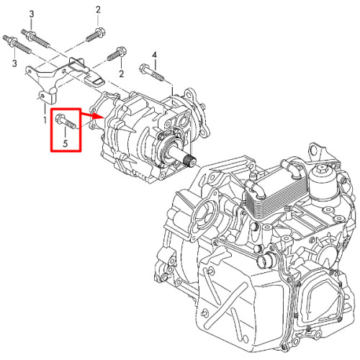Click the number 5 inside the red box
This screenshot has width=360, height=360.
[66, 143]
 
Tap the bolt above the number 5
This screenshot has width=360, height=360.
[66, 121]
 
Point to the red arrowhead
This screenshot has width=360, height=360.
[99, 116]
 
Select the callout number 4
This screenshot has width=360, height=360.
[155, 55]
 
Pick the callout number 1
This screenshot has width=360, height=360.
[45, 120]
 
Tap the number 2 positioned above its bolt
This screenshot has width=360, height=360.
[98, 10]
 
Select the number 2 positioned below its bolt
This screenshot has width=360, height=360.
[122, 73]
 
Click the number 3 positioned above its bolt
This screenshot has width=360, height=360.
[32, 14]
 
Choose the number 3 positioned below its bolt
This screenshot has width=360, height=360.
[14, 63]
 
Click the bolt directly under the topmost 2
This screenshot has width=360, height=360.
[96, 35]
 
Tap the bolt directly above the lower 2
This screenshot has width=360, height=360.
[117, 54]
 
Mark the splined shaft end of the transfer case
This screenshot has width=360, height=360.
[191, 161]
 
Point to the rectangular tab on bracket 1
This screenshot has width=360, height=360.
[96, 81]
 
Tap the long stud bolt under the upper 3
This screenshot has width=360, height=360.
[35, 38]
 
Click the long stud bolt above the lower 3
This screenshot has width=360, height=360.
[17, 45]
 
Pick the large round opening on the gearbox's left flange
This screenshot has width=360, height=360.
[204, 212]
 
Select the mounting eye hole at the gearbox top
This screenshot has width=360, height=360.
[313, 151]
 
